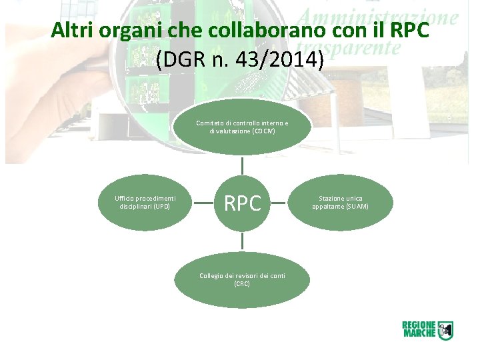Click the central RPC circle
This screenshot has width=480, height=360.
(242, 203)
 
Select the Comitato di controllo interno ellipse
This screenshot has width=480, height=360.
(242, 127)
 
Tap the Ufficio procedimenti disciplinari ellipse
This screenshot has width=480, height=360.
(145, 203)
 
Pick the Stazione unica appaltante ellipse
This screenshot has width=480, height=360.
(339, 203)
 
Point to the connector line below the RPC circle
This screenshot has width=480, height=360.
(242, 241)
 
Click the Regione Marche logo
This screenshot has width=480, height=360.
(427, 329)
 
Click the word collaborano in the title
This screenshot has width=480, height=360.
(249, 31)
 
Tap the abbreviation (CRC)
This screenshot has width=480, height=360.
(242, 284)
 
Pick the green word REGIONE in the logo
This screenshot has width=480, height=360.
(419, 325)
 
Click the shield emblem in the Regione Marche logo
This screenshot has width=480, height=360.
(445, 329)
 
